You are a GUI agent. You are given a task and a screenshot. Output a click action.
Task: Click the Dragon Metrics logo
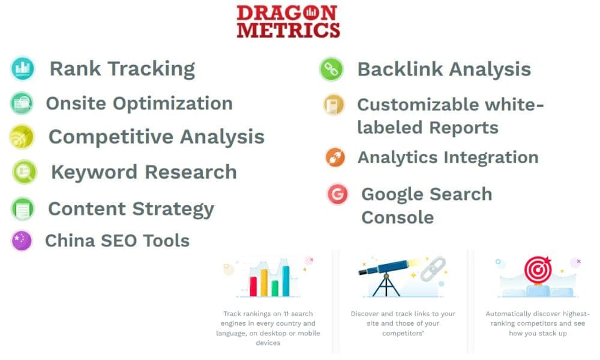(x=288, y=22)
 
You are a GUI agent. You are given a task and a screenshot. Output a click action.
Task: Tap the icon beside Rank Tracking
(x=23, y=68)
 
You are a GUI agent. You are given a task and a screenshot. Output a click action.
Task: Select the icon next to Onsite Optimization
(x=22, y=103)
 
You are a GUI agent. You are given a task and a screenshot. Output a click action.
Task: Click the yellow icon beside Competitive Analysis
(x=22, y=137)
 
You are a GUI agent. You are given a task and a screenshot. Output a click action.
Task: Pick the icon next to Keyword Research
(x=25, y=172)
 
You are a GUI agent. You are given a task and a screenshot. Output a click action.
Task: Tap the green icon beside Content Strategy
(x=23, y=209)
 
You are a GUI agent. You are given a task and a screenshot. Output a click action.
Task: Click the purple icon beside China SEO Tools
(x=22, y=241)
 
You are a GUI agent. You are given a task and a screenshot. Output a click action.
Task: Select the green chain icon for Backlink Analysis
(x=331, y=69)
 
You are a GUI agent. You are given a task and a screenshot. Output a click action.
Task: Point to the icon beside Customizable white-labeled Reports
(x=333, y=105)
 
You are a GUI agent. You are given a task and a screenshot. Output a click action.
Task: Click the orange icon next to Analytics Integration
(x=335, y=157)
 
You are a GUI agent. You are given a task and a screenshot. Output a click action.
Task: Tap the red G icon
(x=338, y=194)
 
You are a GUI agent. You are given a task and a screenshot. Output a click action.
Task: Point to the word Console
(x=397, y=217)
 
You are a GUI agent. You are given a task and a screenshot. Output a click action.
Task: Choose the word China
(x=71, y=241)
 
